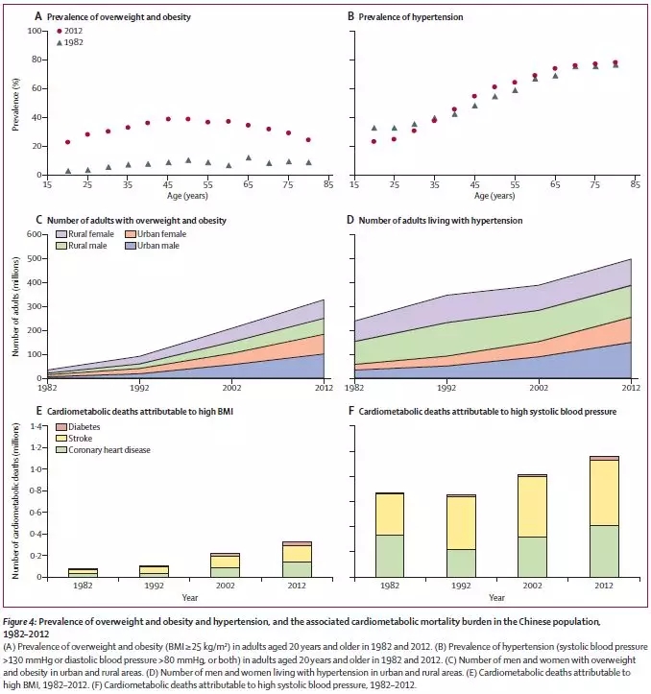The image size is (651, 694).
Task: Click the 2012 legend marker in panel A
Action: (59, 31)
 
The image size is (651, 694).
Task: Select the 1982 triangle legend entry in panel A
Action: (59, 43)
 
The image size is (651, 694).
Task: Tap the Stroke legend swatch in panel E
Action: (60, 439)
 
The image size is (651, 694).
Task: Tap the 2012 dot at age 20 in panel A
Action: (67, 142)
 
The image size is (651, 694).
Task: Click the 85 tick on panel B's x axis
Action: (634, 184)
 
